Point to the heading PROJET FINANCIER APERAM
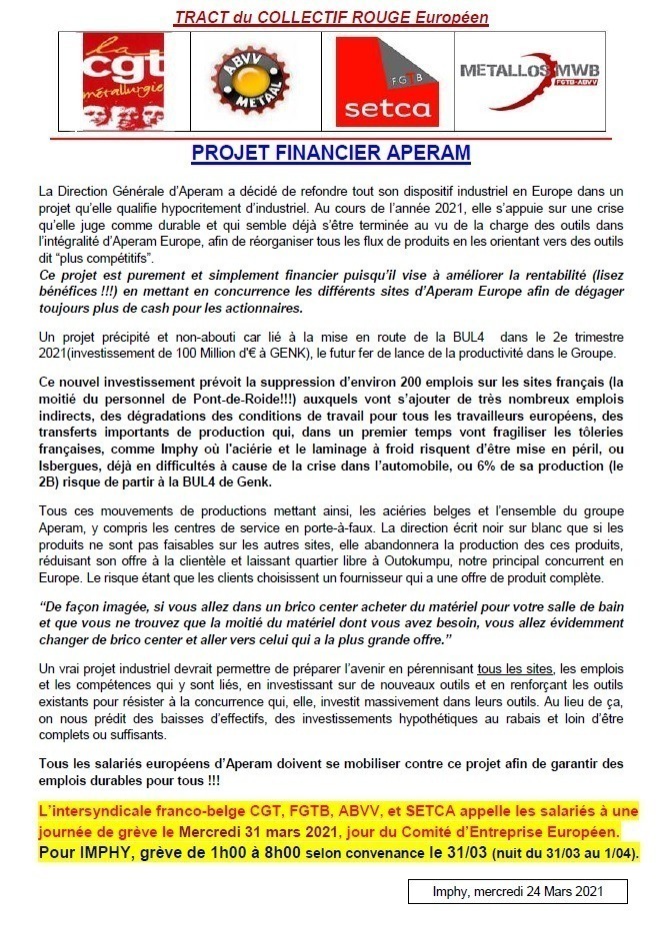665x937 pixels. point(331,155)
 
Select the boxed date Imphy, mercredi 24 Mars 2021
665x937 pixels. point(518,891)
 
